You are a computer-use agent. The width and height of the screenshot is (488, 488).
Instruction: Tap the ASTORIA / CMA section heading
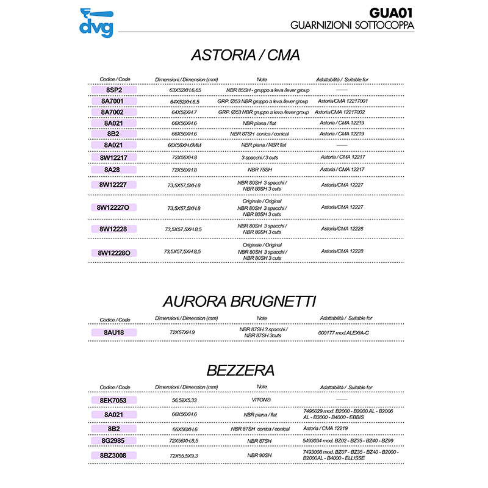[x=245, y=55]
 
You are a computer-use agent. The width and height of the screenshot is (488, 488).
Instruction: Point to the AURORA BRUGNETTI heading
[x=239, y=301]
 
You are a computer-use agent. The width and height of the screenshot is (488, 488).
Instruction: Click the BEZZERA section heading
[x=240, y=370]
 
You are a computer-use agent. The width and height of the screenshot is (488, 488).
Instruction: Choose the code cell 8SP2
[x=114, y=90]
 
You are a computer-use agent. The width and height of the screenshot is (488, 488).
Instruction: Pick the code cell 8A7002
[x=114, y=112]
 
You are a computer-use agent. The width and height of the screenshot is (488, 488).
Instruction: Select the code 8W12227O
[x=113, y=207]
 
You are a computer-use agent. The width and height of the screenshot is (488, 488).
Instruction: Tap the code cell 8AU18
[x=114, y=332]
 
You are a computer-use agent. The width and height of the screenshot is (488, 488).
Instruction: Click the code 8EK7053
[x=114, y=400]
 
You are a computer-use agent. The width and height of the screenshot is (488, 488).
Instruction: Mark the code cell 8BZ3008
[x=114, y=455]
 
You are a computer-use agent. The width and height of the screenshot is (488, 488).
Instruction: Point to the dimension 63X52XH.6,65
[x=185, y=90]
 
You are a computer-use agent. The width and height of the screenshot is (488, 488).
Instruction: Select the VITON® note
[x=262, y=400]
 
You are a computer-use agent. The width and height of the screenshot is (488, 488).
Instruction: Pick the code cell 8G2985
[x=114, y=440]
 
